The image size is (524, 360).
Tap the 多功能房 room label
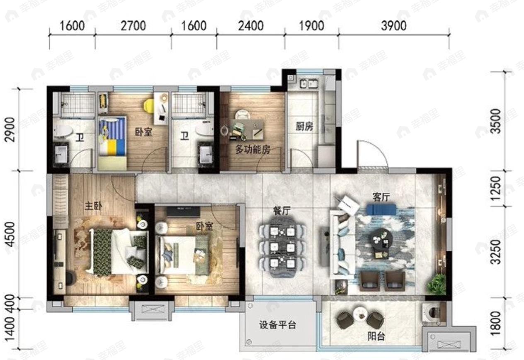coord(252,150)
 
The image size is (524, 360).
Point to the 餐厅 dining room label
coord(282,210)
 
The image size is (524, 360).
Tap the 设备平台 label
coord(278,325)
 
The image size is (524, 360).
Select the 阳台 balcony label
coord(376,337)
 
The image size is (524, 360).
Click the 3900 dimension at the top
coord(393,26)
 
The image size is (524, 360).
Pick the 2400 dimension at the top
coord(250,26)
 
